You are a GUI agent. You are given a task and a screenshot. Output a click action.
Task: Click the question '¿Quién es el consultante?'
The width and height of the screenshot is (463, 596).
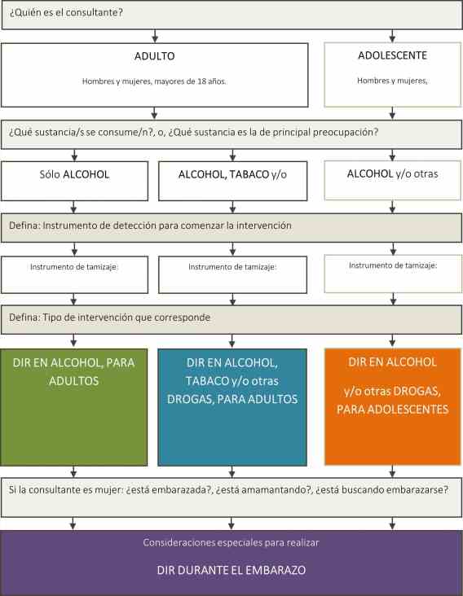[x=66, y=12]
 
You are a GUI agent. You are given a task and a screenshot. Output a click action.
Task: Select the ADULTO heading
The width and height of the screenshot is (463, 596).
[x=154, y=56]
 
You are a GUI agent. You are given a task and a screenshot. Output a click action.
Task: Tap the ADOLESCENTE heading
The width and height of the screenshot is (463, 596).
[x=392, y=55]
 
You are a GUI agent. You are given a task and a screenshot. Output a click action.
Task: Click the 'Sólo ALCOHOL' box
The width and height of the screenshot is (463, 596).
[x=74, y=181]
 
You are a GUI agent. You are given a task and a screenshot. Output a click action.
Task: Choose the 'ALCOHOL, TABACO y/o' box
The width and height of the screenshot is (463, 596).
[x=232, y=181]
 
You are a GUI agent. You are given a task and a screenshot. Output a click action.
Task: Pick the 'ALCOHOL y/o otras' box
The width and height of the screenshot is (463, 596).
[x=392, y=180]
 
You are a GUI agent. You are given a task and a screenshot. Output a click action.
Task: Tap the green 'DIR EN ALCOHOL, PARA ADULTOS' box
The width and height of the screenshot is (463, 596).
[x=74, y=407]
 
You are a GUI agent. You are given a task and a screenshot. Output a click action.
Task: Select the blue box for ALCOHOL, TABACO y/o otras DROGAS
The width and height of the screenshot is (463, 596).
[x=232, y=407]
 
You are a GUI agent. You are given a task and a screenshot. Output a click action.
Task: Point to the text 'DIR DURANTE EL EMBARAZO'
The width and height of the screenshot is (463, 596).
[x=231, y=570]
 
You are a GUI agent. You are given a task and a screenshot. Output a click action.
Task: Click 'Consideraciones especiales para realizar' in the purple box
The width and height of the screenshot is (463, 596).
[x=231, y=543]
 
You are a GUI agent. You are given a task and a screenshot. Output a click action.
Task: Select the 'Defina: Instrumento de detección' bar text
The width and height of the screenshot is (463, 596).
[x=150, y=226]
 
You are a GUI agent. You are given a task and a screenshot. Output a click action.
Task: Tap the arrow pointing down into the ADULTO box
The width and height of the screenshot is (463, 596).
[x=155, y=36]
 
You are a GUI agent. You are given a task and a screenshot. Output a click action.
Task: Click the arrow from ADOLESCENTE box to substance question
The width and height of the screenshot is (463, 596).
[x=392, y=113]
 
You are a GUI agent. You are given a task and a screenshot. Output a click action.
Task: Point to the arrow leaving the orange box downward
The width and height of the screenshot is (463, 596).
[x=392, y=471]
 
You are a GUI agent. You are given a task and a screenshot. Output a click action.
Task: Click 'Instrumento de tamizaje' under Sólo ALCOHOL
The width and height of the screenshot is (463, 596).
[x=74, y=267]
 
